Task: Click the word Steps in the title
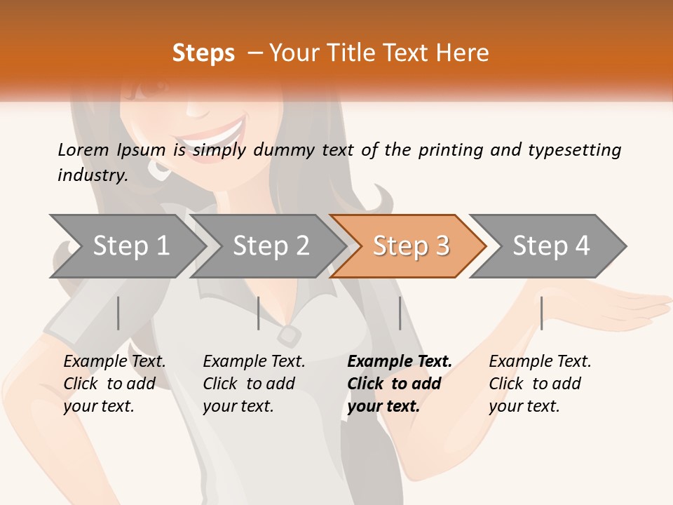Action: (x=203, y=53)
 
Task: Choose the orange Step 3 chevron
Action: (x=411, y=246)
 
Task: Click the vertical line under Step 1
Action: (x=118, y=313)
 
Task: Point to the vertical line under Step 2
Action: (x=259, y=313)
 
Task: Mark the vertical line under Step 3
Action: (x=400, y=313)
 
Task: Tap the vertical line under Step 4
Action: (x=541, y=313)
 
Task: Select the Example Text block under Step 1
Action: (x=114, y=384)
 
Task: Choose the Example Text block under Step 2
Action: (x=254, y=384)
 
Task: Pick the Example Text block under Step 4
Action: (x=540, y=384)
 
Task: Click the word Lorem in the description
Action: (x=83, y=150)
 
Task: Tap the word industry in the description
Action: (x=93, y=175)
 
